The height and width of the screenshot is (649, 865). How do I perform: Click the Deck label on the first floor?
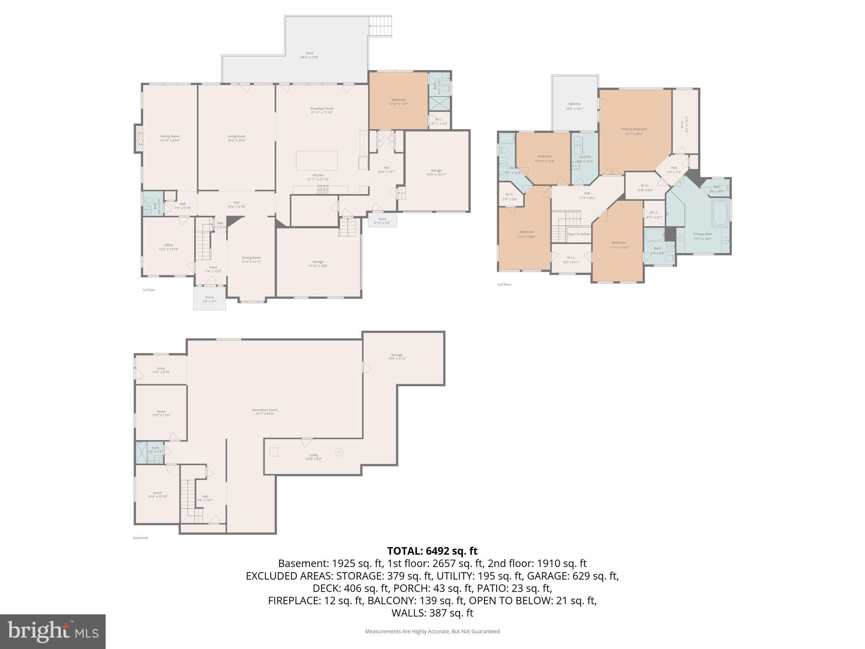tap(309, 53)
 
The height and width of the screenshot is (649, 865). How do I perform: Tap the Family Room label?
tap(170, 136)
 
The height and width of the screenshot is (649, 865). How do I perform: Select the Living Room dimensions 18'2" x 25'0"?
tap(236, 140)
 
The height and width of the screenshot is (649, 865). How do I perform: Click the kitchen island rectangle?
tap(317, 160)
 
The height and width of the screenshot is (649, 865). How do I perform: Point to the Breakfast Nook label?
tap(321, 109)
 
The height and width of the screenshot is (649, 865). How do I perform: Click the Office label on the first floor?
tap(169, 245)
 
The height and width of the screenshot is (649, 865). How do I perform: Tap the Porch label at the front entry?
tap(209, 297)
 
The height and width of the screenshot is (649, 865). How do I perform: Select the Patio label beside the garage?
tap(382, 219)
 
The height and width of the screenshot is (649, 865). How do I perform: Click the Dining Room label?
tap(251, 258)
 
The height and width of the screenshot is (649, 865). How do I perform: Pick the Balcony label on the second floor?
tap(574, 104)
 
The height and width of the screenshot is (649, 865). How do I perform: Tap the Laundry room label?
tap(585, 157)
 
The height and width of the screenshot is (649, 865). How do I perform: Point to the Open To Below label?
tap(578, 234)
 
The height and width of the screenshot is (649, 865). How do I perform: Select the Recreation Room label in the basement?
tap(265, 410)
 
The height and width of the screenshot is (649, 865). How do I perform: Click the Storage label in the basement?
tap(396, 355)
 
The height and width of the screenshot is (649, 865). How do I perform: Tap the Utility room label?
tap(313, 455)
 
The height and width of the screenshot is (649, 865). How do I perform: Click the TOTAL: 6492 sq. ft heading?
tap(432, 551)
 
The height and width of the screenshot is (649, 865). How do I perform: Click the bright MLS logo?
tap(52, 631)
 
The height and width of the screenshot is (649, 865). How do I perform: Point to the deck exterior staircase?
tap(380, 26)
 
